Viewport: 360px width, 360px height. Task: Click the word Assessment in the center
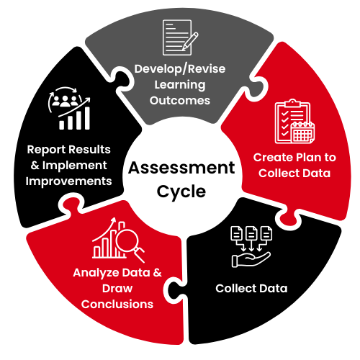181,168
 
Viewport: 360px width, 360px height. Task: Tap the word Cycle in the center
181,192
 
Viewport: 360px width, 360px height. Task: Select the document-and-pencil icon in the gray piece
180,37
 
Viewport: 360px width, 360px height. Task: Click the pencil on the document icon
190,41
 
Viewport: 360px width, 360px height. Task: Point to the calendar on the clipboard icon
302,132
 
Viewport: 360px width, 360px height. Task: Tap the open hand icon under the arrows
251,260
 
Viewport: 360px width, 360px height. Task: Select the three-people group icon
65,101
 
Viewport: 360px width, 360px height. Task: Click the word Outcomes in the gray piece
180,101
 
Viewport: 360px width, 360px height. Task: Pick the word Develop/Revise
180,69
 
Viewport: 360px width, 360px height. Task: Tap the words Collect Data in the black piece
251,288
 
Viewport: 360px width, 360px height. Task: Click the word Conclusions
117,304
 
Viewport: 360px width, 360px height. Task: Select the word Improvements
68,181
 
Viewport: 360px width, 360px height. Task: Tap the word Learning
180,85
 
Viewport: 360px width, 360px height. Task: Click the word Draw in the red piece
117,289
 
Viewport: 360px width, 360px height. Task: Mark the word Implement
75,166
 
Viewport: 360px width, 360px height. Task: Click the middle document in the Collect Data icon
251,233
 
